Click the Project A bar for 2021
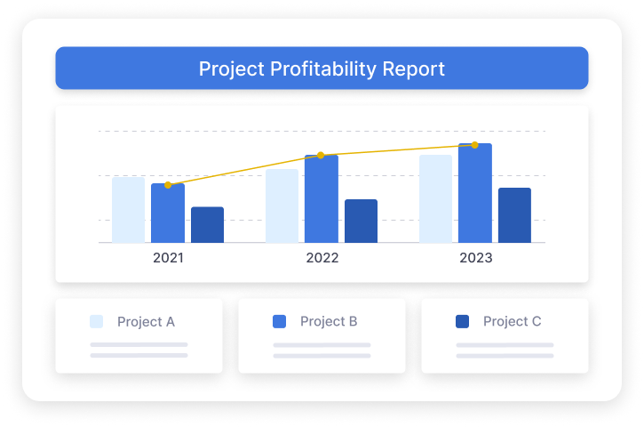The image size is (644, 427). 128,210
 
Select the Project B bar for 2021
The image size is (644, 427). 168,213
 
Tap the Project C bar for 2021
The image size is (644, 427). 207,225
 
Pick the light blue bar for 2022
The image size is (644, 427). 282,205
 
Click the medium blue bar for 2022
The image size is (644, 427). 321,199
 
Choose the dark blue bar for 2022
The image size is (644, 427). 361,221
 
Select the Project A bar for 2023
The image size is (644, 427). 435,198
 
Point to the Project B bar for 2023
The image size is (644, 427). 475,193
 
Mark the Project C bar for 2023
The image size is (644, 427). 514,215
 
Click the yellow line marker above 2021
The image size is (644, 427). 168,185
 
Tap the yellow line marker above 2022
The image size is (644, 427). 321,156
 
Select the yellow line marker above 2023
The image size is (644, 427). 474,145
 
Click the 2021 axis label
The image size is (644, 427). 169,258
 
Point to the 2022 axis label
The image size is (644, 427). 322,258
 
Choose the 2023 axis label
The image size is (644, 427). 476,258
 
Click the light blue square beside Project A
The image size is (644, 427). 97,321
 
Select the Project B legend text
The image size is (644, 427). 329,321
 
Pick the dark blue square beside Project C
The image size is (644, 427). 462,321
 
